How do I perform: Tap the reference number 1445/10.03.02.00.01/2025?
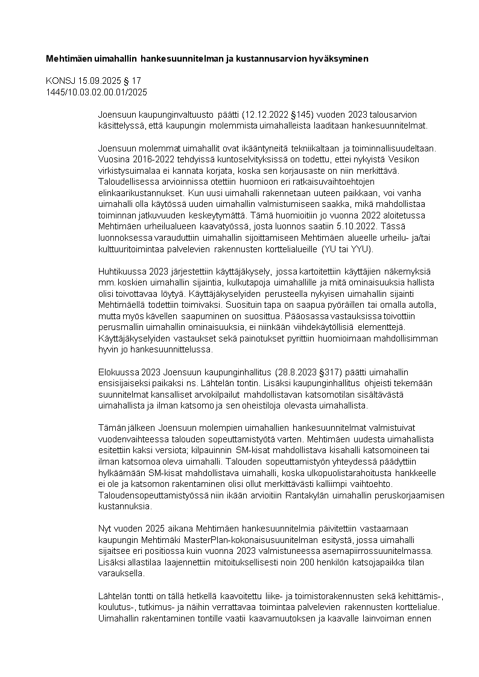pos(97,92)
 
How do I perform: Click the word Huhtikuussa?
pos(121,272)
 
